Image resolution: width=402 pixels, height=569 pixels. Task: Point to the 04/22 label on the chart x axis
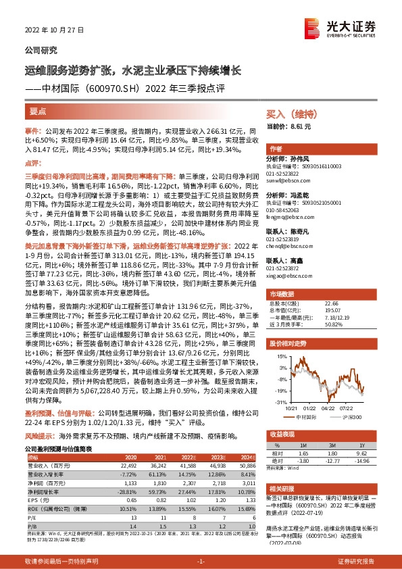(x=328, y=407)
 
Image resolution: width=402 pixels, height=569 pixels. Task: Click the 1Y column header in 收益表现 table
(x=362, y=445)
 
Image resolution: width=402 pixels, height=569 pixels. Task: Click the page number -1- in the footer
(x=201, y=561)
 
